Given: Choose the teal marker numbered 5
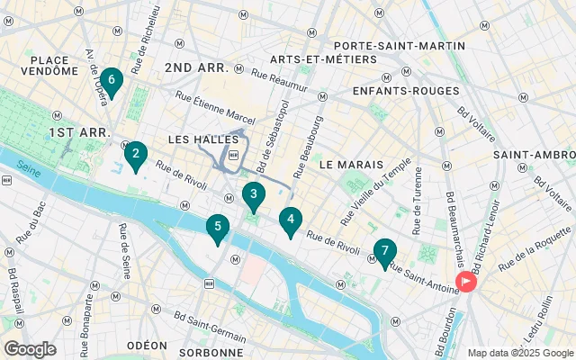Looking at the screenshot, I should [216, 229].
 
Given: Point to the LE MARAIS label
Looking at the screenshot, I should [351, 165].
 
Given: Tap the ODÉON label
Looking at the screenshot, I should [147, 346].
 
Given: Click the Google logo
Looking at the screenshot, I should [30, 349].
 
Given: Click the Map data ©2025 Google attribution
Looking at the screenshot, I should [519, 353].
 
